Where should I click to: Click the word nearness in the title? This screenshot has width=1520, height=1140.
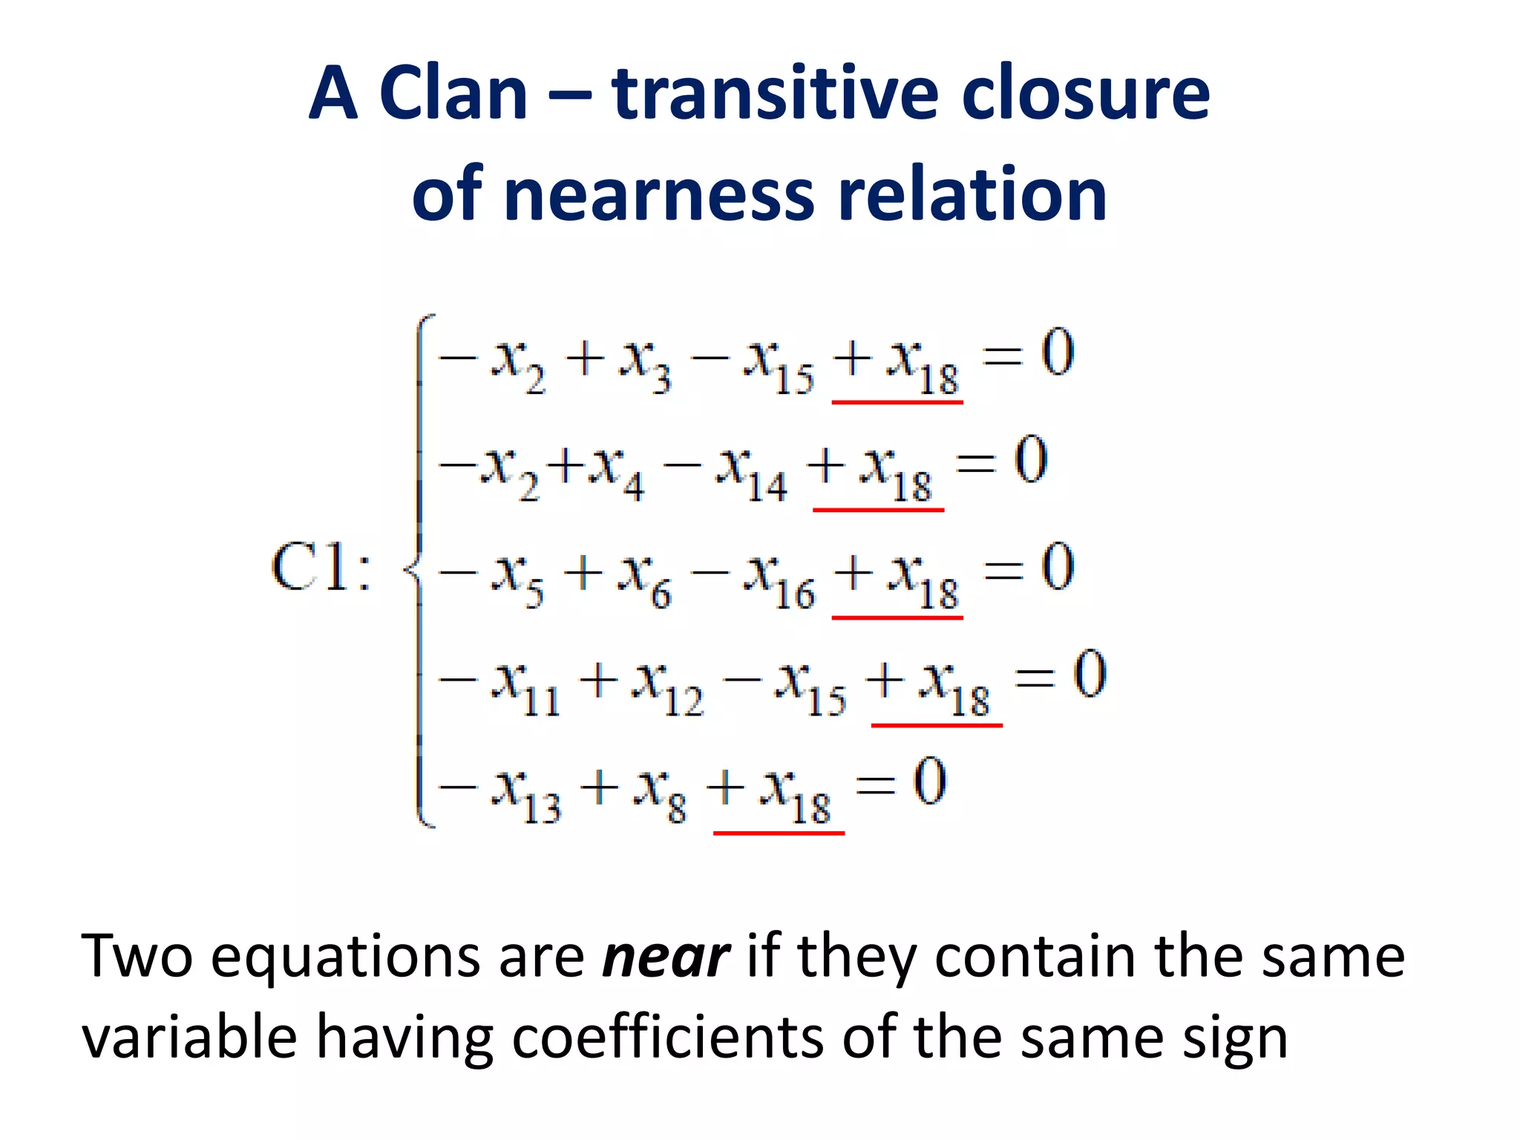click(x=660, y=194)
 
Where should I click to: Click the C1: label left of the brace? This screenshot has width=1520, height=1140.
click(x=321, y=569)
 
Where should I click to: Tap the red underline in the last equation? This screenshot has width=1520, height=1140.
click(x=779, y=833)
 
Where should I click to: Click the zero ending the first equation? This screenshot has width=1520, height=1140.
click(x=1057, y=353)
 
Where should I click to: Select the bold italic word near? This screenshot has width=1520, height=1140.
click(x=666, y=957)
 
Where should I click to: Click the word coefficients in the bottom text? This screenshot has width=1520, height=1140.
click(x=667, y=1037)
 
